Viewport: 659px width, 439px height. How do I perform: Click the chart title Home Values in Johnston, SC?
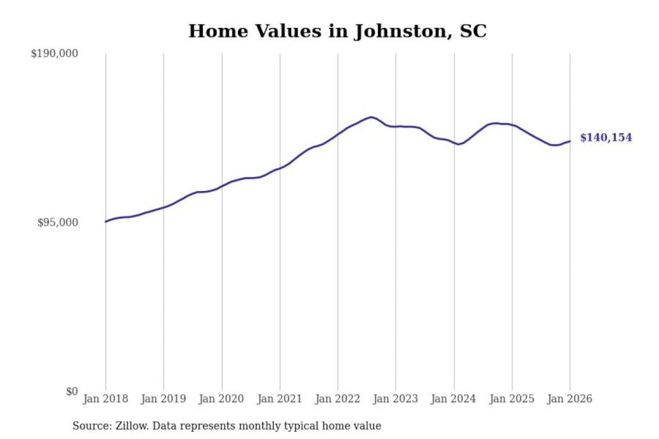point(337,31)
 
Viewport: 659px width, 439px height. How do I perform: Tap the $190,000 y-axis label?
point(54,54)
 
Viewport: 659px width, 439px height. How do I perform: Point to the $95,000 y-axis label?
point(58,223)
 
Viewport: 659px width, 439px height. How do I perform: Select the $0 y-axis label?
point(72,391)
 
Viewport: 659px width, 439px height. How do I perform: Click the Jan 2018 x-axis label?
point(105,399)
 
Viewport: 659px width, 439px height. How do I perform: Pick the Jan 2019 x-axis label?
point(163,399)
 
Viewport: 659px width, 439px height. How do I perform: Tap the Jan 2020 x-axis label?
point(221,399)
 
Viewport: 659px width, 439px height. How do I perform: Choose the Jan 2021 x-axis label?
point(280,399)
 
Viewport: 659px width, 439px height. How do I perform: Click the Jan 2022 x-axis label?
point(338,399)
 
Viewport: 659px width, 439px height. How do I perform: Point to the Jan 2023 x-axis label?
point(395,399)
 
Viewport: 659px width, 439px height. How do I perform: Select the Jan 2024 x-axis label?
point(454,399)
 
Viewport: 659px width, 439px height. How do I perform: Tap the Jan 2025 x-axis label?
point(512,399)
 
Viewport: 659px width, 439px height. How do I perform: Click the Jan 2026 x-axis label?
point(570,399)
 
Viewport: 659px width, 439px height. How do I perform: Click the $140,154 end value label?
point(606,138)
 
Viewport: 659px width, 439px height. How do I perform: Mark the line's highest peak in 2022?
point(372,117)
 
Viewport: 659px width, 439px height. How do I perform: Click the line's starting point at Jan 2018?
point(106,222)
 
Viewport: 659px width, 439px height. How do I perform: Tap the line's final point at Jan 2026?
point(570,141)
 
